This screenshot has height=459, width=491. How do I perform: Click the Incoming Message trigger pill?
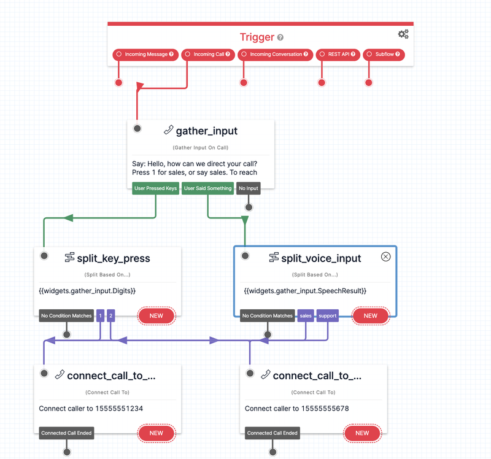point(145,55)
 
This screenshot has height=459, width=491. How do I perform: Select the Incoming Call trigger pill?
point(208,55)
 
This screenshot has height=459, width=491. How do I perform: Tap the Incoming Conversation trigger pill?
point(275,55)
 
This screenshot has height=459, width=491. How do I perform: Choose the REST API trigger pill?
point(338,55)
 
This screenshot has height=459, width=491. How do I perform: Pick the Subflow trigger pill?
point(384,55)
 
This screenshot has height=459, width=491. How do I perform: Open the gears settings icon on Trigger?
point(403,34)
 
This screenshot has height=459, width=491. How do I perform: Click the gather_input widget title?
point(207,131)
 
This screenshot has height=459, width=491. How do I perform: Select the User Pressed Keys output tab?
point(156,188)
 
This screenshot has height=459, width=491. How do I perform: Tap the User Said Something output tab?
point(207,188)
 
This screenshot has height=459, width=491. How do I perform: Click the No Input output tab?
point(249,188)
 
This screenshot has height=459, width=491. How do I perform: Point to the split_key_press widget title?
point(114,258)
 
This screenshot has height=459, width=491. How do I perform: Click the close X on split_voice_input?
point(386,256)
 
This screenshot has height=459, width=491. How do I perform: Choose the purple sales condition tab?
point(306,315)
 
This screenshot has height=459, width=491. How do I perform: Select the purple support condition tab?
point(328,315)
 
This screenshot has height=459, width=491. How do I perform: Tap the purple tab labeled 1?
point(100,315)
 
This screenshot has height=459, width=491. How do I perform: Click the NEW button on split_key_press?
point(157,315)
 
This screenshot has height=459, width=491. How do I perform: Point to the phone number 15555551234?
point(119,408)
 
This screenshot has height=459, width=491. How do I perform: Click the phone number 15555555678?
point(325,408)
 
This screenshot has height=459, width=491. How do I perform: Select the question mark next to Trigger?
point(280,37)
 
